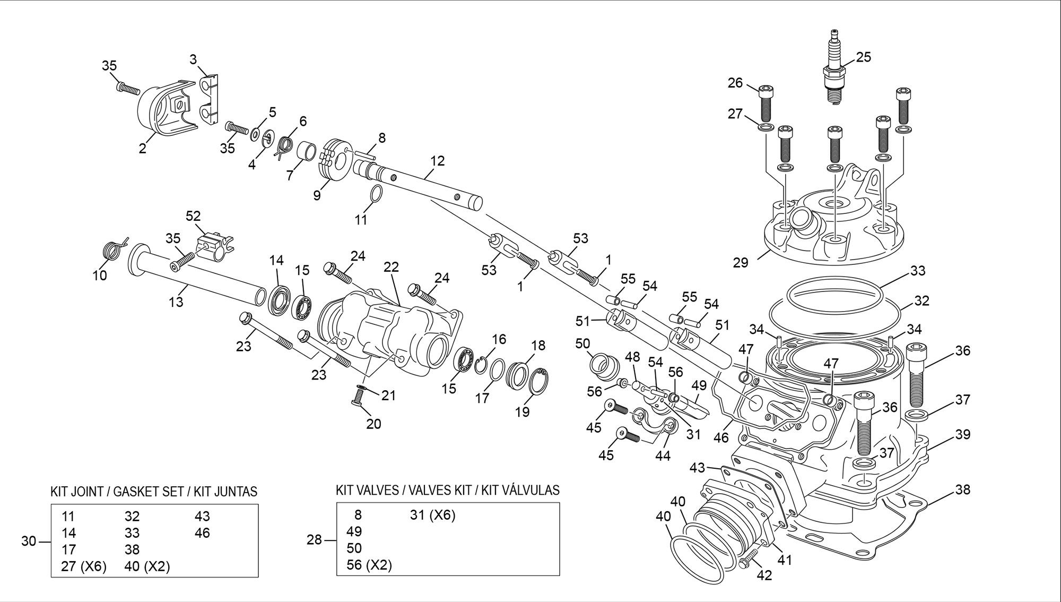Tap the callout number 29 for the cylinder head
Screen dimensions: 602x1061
(x=741, y=262)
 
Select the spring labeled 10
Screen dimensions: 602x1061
(x=112, y=249)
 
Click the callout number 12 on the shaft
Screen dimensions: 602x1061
(x=438, y=160)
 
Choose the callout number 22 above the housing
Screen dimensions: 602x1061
(x=391, y=267)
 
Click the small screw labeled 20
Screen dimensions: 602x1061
(x=359, y=397)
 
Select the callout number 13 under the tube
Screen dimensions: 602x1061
(x=176, y=302)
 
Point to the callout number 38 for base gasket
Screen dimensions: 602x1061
(x=962, y=489)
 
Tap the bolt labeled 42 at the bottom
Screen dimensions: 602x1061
(x=749, y=560)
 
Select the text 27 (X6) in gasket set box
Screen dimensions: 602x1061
(x=84, y=566)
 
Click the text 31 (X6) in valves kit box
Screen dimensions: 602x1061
(x=432, y=515)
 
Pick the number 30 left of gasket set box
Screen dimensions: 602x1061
(x=29, y=541)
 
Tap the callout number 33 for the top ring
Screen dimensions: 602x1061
(x=918, y=271)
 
